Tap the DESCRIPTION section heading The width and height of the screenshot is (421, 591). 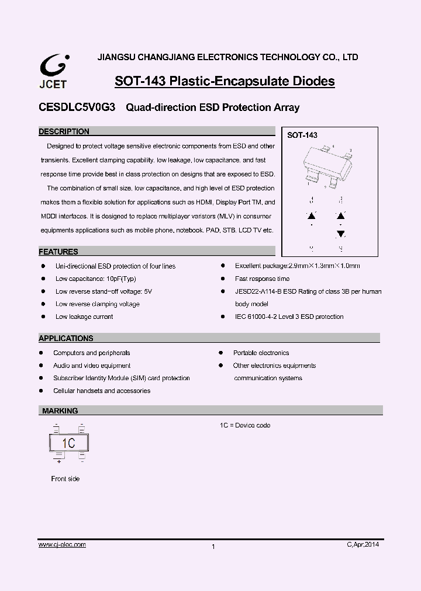(64, 132)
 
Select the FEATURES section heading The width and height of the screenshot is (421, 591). (58, 252)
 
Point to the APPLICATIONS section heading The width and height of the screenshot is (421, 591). (66, 338)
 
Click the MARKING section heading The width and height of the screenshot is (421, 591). (60, 411)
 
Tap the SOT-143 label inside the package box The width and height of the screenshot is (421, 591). (302, 135)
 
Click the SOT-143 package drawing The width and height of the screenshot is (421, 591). (329, 166)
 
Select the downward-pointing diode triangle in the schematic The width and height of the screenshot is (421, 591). (340, 234)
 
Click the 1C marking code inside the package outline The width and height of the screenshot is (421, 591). (69, 443)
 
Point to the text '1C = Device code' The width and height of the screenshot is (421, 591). (245, 425)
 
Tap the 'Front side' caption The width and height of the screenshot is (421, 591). (65, 479)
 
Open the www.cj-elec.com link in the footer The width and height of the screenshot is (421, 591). (63, 544)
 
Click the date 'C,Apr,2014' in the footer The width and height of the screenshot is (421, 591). (363, 544)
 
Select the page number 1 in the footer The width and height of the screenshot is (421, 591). (213, 547)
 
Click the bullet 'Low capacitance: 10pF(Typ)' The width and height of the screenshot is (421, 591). (95, 279)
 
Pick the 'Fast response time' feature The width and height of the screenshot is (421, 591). (262, 279)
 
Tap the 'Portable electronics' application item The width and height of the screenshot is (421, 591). (261, 353)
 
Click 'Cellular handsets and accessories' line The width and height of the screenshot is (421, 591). (102, 391)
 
